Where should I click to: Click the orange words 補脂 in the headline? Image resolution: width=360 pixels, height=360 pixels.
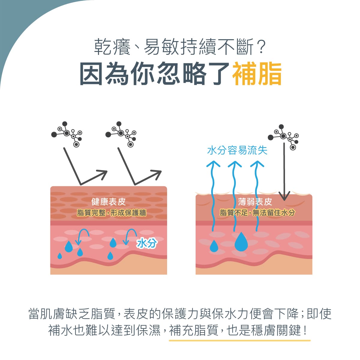(257, 74)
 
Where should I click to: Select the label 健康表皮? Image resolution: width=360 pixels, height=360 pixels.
(108, 202)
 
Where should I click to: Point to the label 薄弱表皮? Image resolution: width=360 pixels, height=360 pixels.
(255, 202)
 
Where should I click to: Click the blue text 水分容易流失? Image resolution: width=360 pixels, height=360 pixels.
(237, 150)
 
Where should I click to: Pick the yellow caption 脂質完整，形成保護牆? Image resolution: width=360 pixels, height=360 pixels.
(112, 213)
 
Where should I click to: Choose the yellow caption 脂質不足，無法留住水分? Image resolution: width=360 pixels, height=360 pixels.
(257, 213)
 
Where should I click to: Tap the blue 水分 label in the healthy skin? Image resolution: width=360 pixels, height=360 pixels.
(147, 243)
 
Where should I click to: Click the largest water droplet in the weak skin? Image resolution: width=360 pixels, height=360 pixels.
(241, 242)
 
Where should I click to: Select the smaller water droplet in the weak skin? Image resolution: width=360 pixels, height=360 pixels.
(214, 246)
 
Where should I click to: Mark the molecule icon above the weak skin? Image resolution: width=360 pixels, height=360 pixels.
(283, 137)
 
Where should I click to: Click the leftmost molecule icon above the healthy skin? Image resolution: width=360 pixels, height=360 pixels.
(67, 134)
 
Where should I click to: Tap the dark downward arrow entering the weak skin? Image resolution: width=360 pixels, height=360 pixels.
(284, 172)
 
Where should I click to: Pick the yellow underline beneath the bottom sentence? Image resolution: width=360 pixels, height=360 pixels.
(240, 340)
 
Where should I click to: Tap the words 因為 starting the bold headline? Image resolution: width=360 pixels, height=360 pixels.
(104, 74)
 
